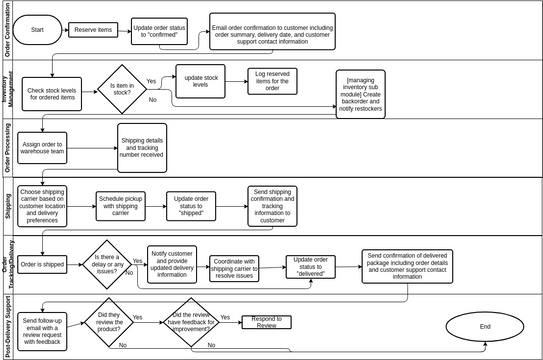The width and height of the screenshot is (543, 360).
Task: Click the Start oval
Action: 38,30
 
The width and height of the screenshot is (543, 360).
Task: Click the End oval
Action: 485,326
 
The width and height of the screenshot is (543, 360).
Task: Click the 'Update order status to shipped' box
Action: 191,204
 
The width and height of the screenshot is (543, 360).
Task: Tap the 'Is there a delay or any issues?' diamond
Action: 110,263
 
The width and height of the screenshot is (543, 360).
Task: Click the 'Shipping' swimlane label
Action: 7,206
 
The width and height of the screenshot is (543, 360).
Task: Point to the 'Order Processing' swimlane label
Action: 7,147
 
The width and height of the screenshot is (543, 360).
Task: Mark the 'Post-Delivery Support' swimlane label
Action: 7,323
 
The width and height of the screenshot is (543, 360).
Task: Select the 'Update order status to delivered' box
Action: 313,265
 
